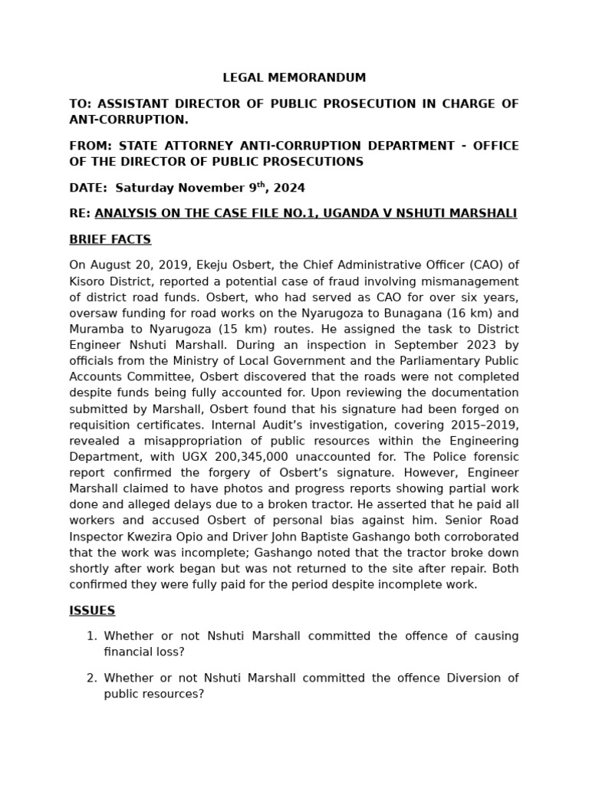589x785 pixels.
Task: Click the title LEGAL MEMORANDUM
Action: [294, 77]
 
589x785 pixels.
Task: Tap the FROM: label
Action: [90, 146]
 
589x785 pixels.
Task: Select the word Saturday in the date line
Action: [145, 188]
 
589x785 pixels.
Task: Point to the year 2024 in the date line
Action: [290, 188]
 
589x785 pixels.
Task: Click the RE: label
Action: [80, 212]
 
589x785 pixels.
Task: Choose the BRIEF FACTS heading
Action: [110, 239]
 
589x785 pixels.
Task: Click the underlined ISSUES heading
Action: [92, 610]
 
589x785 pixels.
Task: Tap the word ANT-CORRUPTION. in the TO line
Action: [129, 120]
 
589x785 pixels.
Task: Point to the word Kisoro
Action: [89, 281]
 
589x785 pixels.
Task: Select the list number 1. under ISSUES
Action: [91, 636]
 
